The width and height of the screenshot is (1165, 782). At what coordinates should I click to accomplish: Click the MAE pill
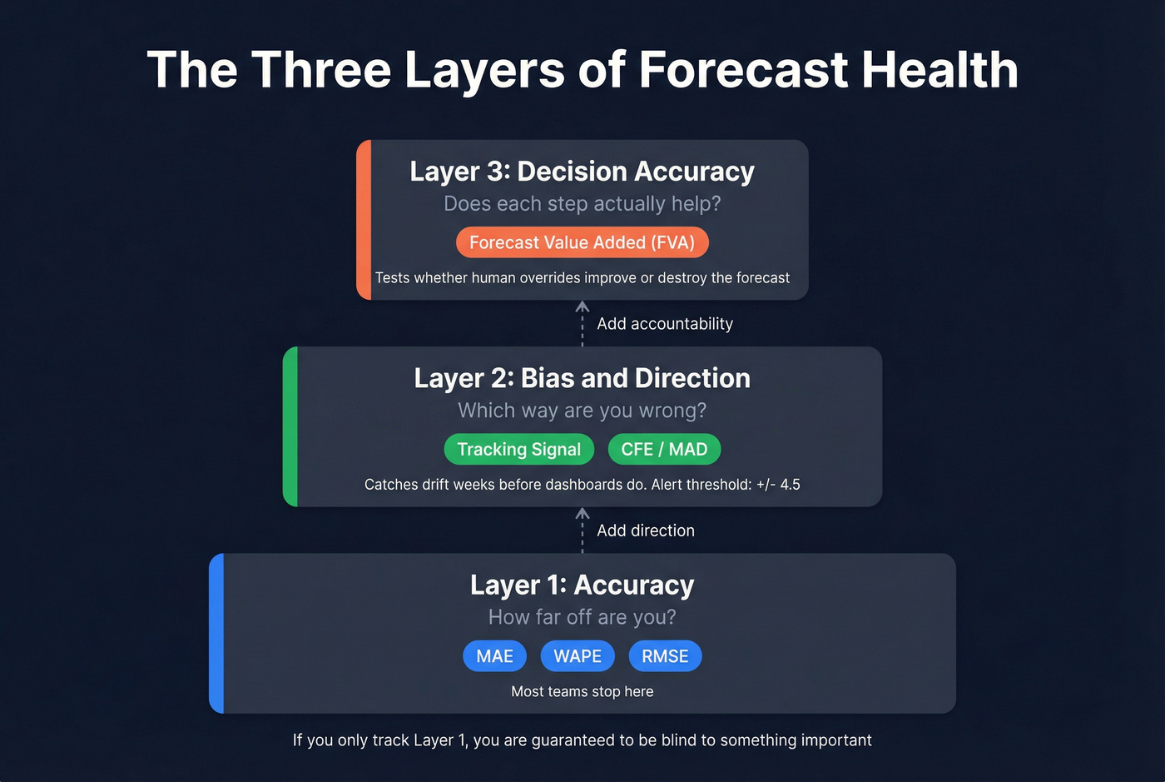pyautogui.click(x=494, y=656)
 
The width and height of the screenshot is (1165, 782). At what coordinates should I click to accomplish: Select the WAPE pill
pyautogui.click(x=578, y=656)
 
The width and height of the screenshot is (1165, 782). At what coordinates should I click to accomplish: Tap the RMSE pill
pyautogui.click(x=665, y=656)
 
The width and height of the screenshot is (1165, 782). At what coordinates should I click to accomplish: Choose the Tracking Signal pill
pyautogui.click(x=518, y=450)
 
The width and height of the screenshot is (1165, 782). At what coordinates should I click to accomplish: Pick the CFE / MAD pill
pyautogui.click(x=664, y=450)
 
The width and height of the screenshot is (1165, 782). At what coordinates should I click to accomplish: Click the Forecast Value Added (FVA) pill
pyautogui.click(x=582, y=242)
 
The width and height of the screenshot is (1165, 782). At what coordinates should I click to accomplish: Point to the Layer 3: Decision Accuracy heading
pyautogui.click(x=582, y=172)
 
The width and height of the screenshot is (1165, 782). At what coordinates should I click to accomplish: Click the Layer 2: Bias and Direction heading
pyautogui.click(x=582, y=378)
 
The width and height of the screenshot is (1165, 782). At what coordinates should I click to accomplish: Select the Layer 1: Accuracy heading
pyautogui.click(x=582, y=585)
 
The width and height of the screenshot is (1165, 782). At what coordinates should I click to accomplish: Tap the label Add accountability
pyautogui.click(x=664, y=324)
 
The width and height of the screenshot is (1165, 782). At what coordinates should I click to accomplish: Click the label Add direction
pyautogui.click(x=645, y=530)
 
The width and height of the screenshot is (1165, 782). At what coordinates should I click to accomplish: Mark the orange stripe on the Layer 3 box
pyautogui.click(x=364, y=220)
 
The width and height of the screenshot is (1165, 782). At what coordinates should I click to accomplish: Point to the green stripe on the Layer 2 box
pyautogui.click(x=290, y=426)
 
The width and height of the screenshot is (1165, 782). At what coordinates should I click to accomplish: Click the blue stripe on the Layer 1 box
pyautogui.click(x=216, y=633)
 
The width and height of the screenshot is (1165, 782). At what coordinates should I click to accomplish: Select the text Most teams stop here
pyautogui.click(x=582, y=691)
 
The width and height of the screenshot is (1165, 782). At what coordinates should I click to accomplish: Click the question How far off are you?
pyautogui.click(x=582, y=617)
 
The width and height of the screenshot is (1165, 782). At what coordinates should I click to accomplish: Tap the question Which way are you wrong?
pyautogui.click(x=582, y=411)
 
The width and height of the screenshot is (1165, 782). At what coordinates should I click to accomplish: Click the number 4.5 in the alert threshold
pyautogui.click(x=790, y=485)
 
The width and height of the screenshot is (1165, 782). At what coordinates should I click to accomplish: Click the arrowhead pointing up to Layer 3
pyautogui.click(x=582, y=307)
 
